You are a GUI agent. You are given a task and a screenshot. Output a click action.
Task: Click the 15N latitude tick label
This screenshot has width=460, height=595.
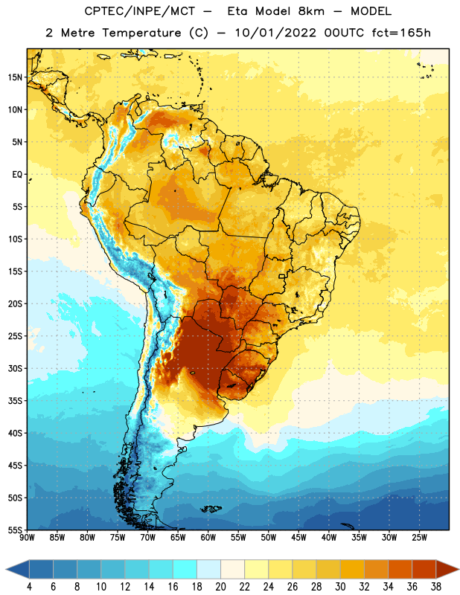15,77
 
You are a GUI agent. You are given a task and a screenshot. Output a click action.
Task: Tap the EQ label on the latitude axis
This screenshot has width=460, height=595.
17,175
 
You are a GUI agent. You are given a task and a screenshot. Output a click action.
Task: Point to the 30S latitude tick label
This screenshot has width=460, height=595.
15,369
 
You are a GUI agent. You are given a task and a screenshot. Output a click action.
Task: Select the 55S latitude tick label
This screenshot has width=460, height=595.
15,530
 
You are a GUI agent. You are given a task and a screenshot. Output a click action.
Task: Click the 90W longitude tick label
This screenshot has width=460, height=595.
27,538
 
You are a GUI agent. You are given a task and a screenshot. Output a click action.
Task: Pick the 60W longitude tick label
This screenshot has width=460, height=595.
208,538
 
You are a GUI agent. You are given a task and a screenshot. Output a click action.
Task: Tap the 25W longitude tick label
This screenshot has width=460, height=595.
419,538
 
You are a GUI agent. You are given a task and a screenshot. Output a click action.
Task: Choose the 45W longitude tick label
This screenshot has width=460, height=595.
298,538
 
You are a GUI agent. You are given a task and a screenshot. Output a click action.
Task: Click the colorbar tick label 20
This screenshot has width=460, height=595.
220,587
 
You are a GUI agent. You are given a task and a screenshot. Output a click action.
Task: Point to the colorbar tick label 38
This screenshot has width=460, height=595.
436,587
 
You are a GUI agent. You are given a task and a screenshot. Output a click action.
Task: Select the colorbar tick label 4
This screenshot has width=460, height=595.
29,587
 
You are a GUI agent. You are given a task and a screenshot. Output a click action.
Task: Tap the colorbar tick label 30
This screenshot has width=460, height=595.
340,587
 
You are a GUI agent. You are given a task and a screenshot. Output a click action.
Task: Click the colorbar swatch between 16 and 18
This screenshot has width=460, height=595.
185,570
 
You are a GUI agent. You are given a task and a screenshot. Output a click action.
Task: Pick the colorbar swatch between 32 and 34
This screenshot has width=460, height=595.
376,570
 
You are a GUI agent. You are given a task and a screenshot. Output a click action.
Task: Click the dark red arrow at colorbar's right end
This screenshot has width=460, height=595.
447,570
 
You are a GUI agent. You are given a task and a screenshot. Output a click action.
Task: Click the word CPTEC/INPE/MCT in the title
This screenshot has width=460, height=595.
140,11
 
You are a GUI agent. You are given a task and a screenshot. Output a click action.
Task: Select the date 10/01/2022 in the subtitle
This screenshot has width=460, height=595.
275,33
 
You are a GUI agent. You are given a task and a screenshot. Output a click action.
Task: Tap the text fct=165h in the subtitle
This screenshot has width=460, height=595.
401,33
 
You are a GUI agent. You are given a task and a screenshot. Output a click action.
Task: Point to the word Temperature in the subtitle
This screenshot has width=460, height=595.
141,33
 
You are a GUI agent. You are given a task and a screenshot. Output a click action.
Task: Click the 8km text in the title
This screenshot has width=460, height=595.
311,11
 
